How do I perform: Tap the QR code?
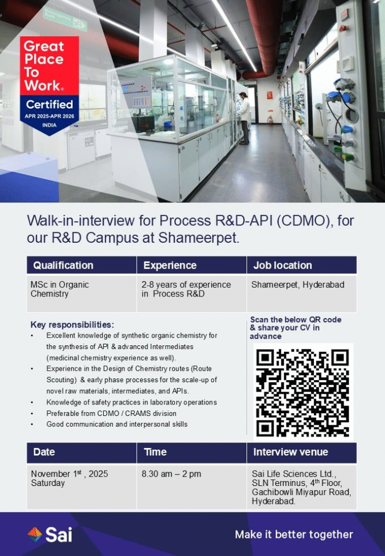302,393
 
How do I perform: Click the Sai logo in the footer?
50,535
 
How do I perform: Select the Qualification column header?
64,266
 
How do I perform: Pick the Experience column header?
170,266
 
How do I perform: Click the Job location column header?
282,266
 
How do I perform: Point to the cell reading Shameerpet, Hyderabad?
298,285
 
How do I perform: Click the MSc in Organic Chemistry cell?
60,289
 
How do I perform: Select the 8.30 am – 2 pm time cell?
172,474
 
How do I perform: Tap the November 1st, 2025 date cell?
69,478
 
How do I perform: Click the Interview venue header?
291,452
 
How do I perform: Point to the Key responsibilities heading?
72,325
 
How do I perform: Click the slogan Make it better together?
294,535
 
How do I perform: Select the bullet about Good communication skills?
117,424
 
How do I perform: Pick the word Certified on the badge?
49,104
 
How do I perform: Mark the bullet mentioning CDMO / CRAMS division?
111,413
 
